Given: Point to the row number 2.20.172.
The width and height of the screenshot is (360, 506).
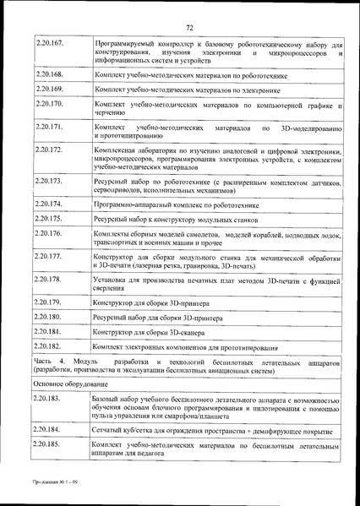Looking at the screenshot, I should click(x=51, y=150).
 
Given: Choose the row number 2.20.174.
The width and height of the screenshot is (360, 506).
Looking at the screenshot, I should click(x=51, y=204).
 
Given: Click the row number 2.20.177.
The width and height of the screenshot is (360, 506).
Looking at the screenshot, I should click(x=51, y=255).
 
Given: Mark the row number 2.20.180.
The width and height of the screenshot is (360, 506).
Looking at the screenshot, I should click(x=51, y=317).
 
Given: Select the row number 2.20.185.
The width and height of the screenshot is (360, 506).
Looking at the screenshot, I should click(x=51, y=443).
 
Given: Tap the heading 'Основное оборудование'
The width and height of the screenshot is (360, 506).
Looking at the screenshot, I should click(x=73, y=380).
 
